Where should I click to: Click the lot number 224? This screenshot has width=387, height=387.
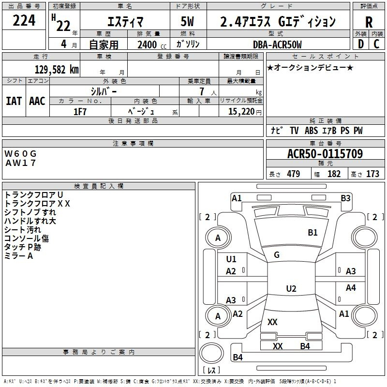(x=24, y=21)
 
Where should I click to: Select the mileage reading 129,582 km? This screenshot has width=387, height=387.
(x=57, y=69)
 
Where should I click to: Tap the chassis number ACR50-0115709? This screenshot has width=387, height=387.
(x=325, y=154)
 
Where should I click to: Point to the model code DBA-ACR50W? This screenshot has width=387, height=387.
(x=277, y=45)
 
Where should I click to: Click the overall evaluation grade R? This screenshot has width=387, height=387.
(x=369, y=22)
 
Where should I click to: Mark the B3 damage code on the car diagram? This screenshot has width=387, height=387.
(x=345, y=198)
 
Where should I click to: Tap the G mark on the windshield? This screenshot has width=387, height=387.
(x=277, y=255)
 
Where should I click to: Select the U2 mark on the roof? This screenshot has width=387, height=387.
(x=291, y=289)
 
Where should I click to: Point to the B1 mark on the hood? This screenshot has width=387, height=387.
(x=313, y=233)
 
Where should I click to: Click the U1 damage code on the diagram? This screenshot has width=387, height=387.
(x=231, y=259)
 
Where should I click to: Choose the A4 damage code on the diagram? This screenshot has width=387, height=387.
(x=351, y=288)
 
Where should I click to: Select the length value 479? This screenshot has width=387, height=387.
(x=293, y=174)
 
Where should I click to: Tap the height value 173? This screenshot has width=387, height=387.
(x=372, y=174)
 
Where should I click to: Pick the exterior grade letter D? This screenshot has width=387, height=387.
(x=360, y=44)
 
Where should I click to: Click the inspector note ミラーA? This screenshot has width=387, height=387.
(x=19, y=256)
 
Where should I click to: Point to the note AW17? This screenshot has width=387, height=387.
(x=21, y=163)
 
